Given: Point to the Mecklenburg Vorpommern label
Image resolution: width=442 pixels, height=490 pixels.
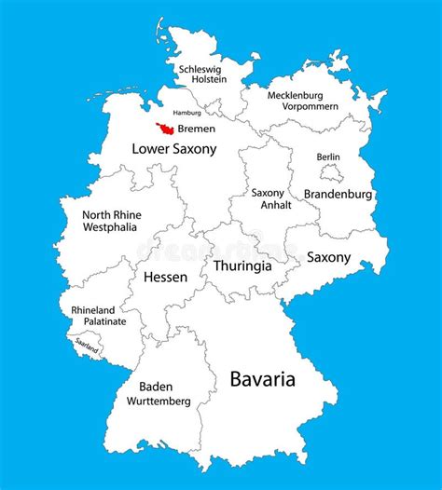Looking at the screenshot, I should [303, 102].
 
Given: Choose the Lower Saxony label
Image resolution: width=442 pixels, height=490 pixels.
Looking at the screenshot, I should [174, 148].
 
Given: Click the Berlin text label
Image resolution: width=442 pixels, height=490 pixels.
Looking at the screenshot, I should [328, 157].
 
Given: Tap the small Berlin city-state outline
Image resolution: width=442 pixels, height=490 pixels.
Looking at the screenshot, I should [331, 173].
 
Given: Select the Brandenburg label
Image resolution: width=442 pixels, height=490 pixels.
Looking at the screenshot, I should [338, 195].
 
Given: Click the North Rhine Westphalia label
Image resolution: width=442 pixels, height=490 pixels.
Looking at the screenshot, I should [112, 220].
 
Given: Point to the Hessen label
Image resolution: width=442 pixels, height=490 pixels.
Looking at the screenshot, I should [165, 277].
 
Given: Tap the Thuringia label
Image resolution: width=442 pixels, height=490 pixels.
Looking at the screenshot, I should [242, 265].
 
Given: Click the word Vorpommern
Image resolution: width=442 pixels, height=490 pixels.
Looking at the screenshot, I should [304, 108].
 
